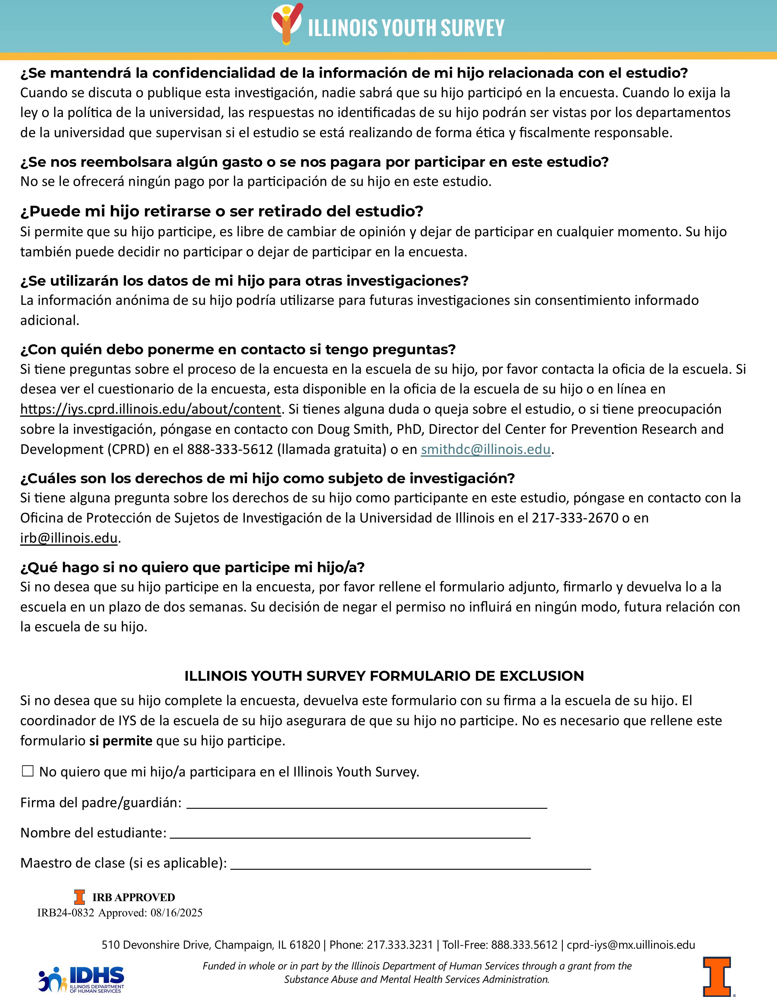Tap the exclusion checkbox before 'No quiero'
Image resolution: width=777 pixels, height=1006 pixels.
tap(28, 771)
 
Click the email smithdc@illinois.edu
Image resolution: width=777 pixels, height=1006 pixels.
tap(486, 449)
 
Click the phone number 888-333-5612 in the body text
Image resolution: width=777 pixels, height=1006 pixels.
tap(230, 449)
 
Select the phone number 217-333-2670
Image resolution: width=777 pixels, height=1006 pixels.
tap(575, 518)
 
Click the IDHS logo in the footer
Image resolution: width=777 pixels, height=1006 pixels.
tap(81, 979)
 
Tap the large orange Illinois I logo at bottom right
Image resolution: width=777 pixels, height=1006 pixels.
tap(716, 976)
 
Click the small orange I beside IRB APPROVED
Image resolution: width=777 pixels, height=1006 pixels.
tap(80, 897)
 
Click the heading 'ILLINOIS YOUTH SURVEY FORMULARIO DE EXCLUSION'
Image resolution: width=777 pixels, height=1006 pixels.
tap(384, 676)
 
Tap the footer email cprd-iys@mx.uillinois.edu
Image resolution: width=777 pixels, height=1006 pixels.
tap(631, 945)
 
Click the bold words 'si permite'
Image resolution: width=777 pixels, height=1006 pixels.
tap(121, 741)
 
